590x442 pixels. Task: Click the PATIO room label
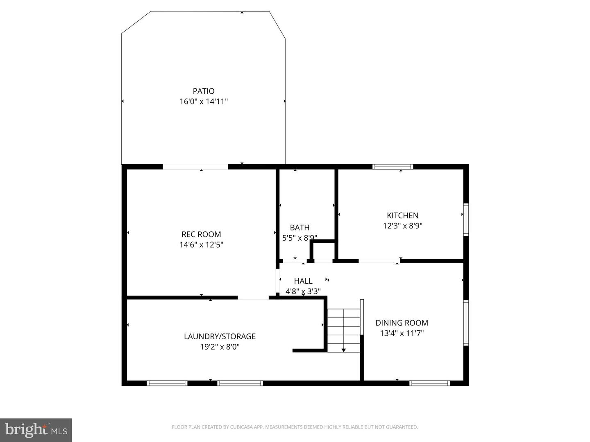[x=204, y=91]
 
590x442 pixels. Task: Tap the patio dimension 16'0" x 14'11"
[x=204, y=101]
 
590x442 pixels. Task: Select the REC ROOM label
[x=201, y=234]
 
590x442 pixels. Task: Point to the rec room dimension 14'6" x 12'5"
[x=201, y=245]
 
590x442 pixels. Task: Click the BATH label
[x=300, y=228]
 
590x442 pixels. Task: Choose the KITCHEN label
[x=402, y=215]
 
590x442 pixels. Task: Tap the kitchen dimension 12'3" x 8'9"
[x=402, y=226]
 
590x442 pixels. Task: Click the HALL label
[x=303, y=281]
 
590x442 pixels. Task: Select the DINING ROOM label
[x=402, y=323]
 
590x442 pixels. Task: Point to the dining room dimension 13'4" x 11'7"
[x=402, y=333]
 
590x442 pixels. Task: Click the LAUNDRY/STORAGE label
[x=220, y=336]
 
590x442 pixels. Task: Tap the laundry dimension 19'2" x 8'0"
[x=220, y=347]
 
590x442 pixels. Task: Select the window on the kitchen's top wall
[x=393, y=167]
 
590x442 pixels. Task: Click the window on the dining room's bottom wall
[x=430, y=383]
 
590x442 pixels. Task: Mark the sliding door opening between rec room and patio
[x=195, y=167]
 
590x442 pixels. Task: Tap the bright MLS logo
[x=36, y=430]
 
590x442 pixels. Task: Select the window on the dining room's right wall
[x=466, y=322]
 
